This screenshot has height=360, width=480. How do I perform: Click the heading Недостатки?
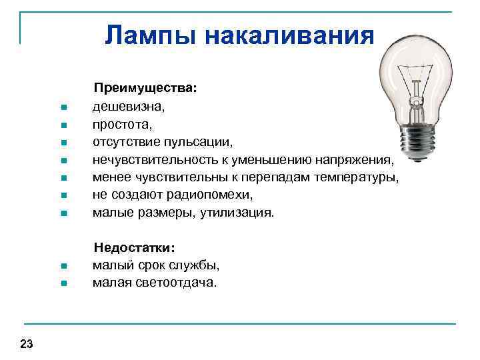pos(135,248)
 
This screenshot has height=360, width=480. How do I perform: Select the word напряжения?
pos(358,160)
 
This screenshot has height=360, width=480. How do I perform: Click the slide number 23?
pos(27,344)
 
